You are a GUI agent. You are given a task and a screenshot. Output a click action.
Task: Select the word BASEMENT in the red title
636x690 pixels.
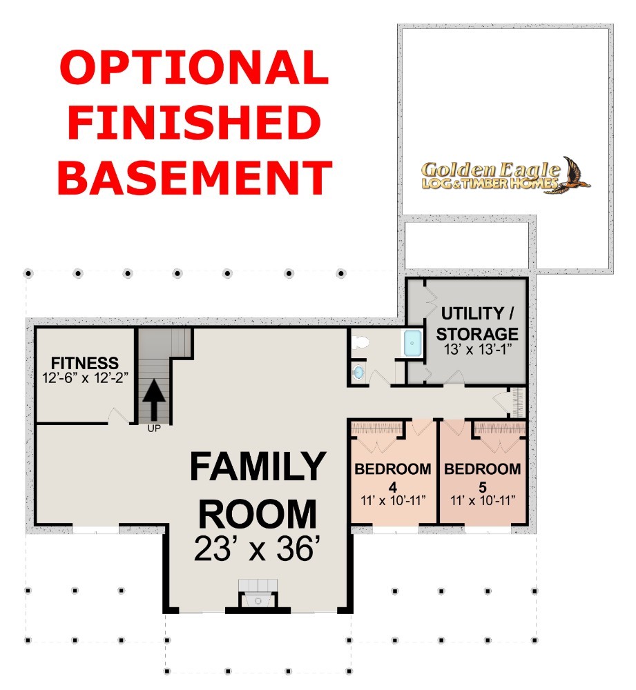tap(194, 177)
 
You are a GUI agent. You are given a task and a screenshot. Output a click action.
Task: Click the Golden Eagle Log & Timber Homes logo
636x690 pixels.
tap(505, 175)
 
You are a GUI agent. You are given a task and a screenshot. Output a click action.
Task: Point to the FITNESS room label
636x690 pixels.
tap(84, 363)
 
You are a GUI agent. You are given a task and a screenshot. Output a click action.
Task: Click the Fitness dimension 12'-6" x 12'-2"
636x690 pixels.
tap(85, 377)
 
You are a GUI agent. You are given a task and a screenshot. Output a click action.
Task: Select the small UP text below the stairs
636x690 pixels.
tap(154, 428)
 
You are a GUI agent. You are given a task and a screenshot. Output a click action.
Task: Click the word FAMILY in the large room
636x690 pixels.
tap(258, 466)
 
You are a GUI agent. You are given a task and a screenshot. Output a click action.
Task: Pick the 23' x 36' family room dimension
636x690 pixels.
tap(257, 549)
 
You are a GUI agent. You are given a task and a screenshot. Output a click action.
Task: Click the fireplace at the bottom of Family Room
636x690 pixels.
tap(258, 595)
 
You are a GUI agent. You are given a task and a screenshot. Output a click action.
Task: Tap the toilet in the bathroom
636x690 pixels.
tap(360, 342)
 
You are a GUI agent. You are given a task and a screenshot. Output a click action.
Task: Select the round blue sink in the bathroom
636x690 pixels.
tap(358, 373)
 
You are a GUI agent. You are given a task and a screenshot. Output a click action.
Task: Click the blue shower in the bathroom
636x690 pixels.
tap(412, 343)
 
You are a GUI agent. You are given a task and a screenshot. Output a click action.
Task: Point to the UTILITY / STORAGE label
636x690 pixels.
tap(477, 324)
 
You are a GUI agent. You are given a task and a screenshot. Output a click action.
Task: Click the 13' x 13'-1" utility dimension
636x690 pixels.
tap(478, 349)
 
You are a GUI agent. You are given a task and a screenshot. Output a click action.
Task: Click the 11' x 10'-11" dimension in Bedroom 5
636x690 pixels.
tap(483, 500)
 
